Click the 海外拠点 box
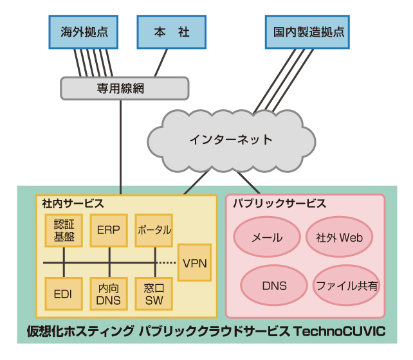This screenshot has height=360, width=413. point(84,32)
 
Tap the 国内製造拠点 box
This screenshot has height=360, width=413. point(308,32)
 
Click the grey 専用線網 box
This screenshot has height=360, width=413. point(125,88)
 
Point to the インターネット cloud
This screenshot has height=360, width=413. point(231,139)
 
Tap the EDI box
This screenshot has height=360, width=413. point(64,294)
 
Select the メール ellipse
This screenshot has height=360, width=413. point(266,237)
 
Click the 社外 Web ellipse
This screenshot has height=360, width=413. point(339,237)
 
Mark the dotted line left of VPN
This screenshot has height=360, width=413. point(167,263)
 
